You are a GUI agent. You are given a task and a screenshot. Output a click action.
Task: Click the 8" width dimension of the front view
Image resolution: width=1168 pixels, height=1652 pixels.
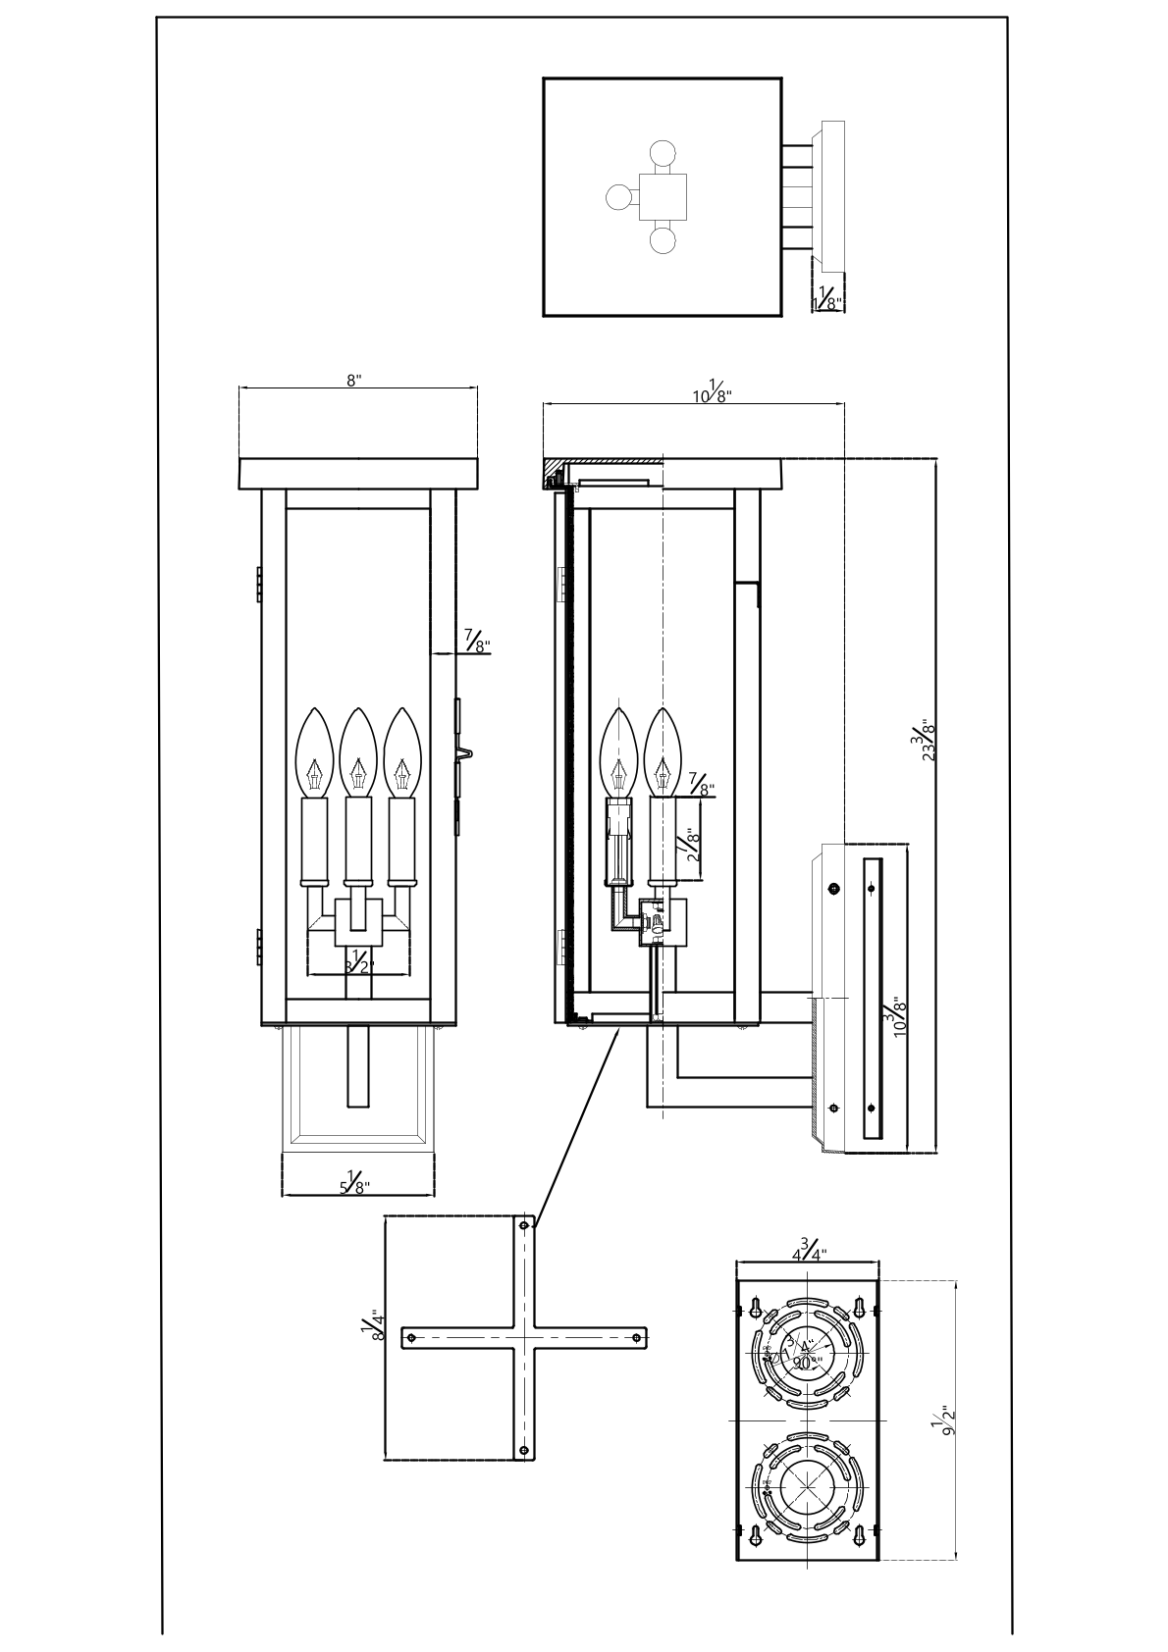point(354,381)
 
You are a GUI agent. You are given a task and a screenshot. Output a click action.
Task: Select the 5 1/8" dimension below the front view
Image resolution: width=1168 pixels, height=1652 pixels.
point(354,1185)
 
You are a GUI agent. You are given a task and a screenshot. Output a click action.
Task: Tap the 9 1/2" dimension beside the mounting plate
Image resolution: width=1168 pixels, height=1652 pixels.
point(946,1420)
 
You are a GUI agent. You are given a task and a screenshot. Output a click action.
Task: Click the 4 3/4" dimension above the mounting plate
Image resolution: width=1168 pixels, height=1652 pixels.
point(809,1251)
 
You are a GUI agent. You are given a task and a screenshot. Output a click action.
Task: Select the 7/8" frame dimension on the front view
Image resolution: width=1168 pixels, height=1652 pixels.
point(478,644)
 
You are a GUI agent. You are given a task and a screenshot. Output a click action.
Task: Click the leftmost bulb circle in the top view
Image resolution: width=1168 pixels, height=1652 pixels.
point(619,197)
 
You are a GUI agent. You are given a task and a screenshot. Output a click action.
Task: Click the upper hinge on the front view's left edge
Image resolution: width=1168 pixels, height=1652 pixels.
point(258,583)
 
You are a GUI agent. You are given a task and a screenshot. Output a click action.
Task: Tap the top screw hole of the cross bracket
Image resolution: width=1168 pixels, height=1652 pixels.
point(525,1225)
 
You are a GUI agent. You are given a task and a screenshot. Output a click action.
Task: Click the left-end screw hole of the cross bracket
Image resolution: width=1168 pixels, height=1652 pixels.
point(412,1336)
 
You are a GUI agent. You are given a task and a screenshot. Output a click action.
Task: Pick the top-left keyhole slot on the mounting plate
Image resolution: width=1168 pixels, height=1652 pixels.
point(756,1307)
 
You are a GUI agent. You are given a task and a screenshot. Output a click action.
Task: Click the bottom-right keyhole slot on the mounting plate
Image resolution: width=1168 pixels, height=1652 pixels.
point(860,1534)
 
